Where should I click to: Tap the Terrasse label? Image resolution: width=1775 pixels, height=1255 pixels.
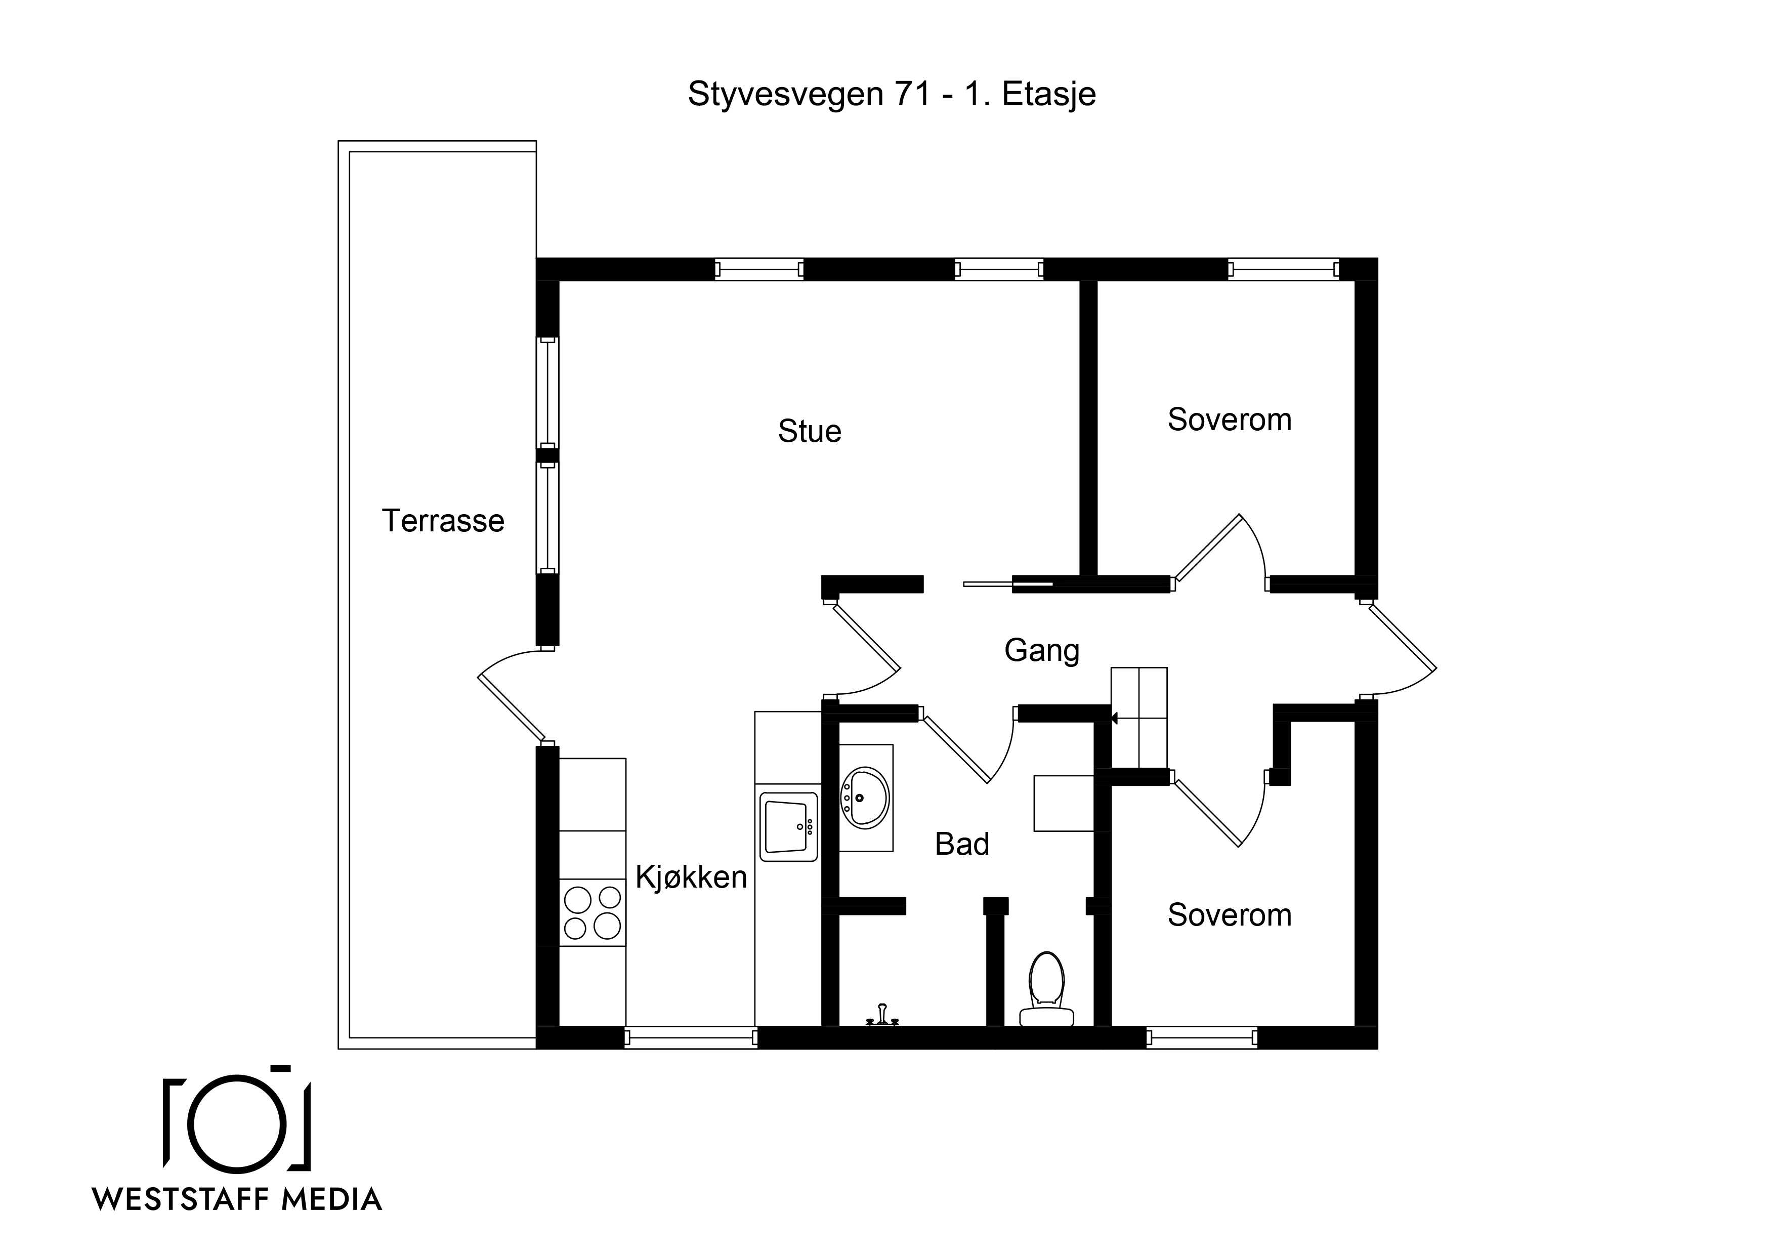(x=443, y=521)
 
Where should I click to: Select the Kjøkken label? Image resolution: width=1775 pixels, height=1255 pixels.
(x=691, y=877)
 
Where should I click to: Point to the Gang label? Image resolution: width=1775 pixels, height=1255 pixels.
(x=1041, y=651)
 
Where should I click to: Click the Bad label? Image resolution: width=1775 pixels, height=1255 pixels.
(x=962, y=845)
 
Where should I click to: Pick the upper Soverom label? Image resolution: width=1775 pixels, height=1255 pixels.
(x=1229, y=420)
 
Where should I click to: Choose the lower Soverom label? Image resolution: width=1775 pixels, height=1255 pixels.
(x=1229, y=915)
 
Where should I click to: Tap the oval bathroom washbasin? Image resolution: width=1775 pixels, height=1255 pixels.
(x=864, y=798)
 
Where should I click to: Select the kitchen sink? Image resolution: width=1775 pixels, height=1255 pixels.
(x=788, y=826)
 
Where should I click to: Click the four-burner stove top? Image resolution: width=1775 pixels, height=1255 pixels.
(x=592, y=912)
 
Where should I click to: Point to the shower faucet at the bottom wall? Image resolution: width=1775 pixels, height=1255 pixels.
(x=882, y=1015)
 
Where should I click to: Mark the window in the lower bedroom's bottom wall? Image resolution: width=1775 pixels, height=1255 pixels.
(x=1201, y=1038)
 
